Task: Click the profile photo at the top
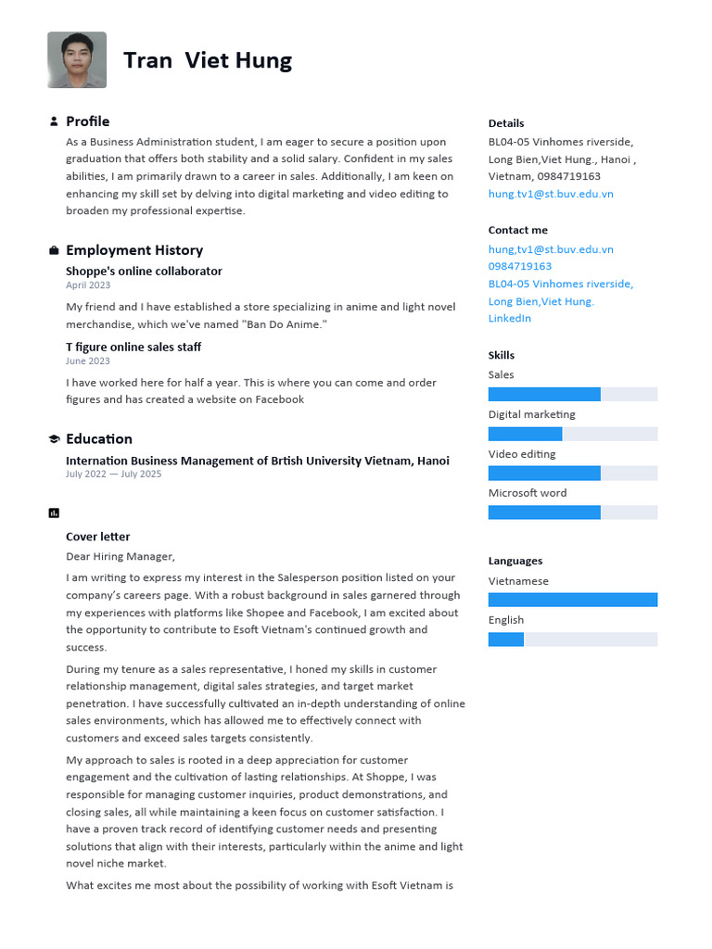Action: pyautogui.click(x=77, y=60)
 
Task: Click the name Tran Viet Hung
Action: pyautogui.click(x=208, y=61)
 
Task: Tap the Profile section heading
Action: pyautogui.click(x=87, y=121)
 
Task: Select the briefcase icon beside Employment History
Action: pyautogui.click(x=54, y=250)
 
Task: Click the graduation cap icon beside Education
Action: pyautogui.click(x=54, y=439)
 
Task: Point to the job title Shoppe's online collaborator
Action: pyautogui.click(x=144, y=272)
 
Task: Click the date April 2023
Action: pyautogui.click(x=88, y=285)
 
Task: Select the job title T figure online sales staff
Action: pyautogui.click(x=133, y=347)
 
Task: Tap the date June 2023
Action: pyautogui.click(x=88, y=361)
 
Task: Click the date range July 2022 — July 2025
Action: pyautogui.click(x=113, y=474)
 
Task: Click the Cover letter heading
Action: pyautogui.click(x=97, y=537)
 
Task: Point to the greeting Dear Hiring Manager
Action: pyautogui.click(x=120, y=557)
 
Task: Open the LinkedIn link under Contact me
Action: pyautogui.click(x=510, y=319)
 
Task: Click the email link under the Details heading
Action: pyautogui.click(x=551, y=195)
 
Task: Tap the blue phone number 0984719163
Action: pyautogui.click(x=520, y=267)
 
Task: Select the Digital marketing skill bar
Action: pyautogui.click(x=572, y=434)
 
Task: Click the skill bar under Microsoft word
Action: pyautogui.click(x=572, y=512)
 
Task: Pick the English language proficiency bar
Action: pyautogui.click(x=572, y=639)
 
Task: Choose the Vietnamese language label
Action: pyautogui.click(x=518, y=581)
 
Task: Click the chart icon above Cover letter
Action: pyautogui.click(x=54, y=512)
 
